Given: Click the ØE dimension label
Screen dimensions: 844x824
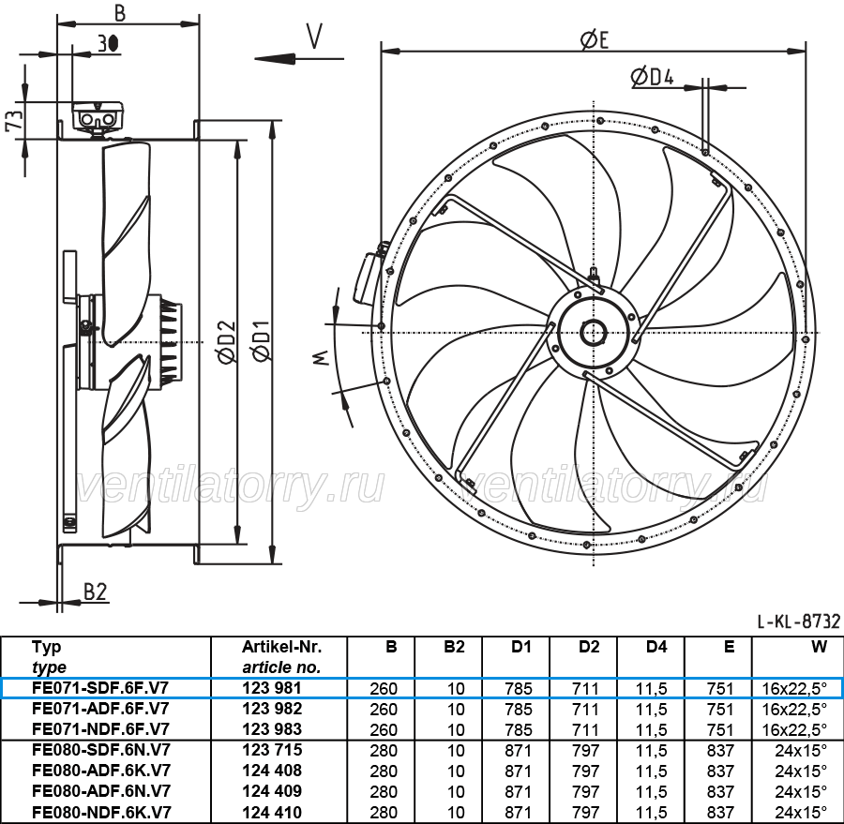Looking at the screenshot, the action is pyautogui.click(x=595, y=39).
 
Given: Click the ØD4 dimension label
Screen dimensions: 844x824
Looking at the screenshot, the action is pyautogui.click(x=652, y=77).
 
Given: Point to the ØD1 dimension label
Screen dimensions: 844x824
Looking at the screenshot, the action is pyautogui.click(x=261, y=340).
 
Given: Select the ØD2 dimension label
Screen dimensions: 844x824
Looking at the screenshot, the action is pyautogui.click(x=227, y=341).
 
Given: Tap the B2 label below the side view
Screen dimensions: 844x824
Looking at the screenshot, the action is pyautogui.click(x=96, y=592).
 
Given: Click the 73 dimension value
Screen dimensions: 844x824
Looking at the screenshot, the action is pyautogui.click(x=14, y=120).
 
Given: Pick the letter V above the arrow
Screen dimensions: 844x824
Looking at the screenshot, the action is pyautogui.click(x=314, y=36).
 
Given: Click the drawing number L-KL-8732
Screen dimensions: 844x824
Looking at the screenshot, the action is pyautogui.click(x=799, y=622).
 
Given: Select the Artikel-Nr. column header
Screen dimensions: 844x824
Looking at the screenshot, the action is pyautogui.click(x=281, y=647).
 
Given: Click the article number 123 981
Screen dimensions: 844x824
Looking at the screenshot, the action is pyautogui.click(x=272, y=688).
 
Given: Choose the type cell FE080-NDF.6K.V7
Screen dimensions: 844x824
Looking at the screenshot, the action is pyautogui.click(x=101, y=812).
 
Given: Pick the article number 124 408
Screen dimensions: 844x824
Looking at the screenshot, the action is pyautogui.click(x=272, y=771).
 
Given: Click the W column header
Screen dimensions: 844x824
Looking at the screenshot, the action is pyautogui.click(x=819, y=647).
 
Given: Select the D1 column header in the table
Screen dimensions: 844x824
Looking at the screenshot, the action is pyautogui.click(x=521, y=647).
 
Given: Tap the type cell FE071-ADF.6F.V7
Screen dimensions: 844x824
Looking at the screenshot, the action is pyautogui.click(x=100, y=709).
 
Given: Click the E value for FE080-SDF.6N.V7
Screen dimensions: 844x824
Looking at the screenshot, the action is pyautogui.click(x=720, y=750).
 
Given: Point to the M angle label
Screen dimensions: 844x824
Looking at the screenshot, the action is pyautogui.click(x=321, y=357).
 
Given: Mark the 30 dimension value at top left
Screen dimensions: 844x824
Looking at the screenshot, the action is pyautogui.click(x=108, y=44).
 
